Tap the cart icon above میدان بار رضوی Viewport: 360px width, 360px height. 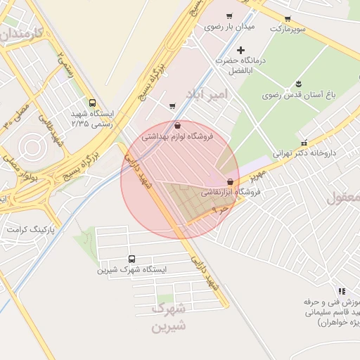point(229,16)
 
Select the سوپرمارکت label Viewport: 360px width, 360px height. point(288,29)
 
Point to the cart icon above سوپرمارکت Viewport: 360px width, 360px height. point(288,19)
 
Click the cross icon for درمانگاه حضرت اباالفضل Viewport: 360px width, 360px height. point(240,50)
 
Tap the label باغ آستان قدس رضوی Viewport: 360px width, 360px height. point(296,94)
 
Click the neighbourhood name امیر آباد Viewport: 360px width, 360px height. point(207,94)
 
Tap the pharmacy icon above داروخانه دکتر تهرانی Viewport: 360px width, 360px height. point(304,142)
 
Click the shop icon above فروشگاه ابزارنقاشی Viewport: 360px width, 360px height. point(231,181)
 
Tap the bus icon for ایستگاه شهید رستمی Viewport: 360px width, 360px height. point(94,103)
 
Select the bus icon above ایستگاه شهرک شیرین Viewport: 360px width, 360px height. point(132,259)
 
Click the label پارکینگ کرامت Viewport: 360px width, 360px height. point(30,229)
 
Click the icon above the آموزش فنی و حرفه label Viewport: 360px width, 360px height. point(342,291)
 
